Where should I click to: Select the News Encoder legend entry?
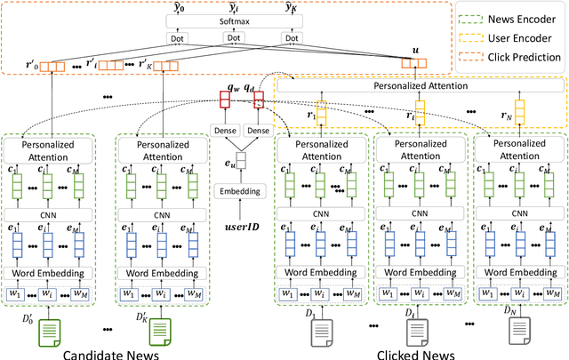point(515,16)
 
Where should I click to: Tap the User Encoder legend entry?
point(515,38)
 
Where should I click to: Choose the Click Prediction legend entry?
point(515,61)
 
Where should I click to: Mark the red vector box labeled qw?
point(225,102)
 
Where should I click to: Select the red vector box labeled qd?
point(258,102)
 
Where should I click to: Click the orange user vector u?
point(409,64)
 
